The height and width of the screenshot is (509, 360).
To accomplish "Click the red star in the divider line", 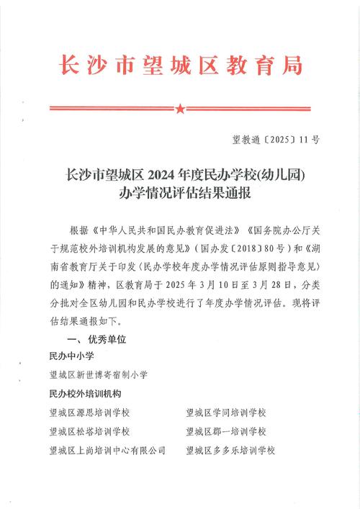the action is (180, 109).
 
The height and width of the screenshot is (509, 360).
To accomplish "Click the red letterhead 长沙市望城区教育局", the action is (179, 66).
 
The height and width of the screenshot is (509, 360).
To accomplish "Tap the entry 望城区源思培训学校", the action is (89, 413).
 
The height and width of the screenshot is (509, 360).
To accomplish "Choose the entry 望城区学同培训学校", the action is (225, 413).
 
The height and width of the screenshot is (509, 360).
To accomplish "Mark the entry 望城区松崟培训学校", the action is (89, 431).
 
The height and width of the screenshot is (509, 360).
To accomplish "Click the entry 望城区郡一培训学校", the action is (225, 431).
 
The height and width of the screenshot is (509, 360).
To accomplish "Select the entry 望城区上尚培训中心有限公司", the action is (107, 450).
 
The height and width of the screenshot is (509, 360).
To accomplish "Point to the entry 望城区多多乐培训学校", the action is (230, 450).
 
